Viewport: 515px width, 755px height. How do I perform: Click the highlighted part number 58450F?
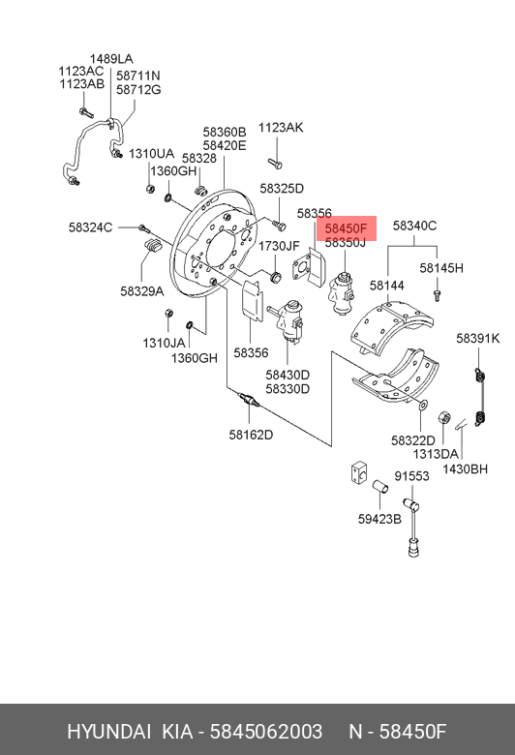pos(346,227)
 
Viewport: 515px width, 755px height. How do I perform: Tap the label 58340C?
pos(414,226)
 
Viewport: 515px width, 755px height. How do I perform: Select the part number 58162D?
pos(251,435)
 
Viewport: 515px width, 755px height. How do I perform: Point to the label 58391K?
pos(478,339)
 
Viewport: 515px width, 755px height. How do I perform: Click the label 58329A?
pos(142,291)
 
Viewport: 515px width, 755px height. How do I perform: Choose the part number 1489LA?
pos(111,59)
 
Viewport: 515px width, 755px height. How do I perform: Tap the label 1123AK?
pos(281,128)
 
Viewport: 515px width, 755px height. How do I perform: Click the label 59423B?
pos(379,519)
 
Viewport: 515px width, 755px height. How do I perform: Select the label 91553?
pos(412,475)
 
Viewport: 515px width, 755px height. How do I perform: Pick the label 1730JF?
pos(280,246)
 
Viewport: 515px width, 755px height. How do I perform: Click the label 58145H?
pos(441,268)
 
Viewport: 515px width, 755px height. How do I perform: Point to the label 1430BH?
pos(465,468)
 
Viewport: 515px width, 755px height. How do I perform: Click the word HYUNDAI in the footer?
pos(108,732)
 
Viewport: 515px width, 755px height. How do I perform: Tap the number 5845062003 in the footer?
pos(266,732)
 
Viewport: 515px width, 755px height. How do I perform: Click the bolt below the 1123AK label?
pos(275,164)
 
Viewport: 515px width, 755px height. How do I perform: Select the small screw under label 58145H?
pos(437,294)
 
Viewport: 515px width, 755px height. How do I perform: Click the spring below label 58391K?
pos(480,398)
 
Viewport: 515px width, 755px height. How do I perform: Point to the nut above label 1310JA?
pos(168,313)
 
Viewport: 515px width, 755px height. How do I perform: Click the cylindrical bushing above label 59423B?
pos(380,486)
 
